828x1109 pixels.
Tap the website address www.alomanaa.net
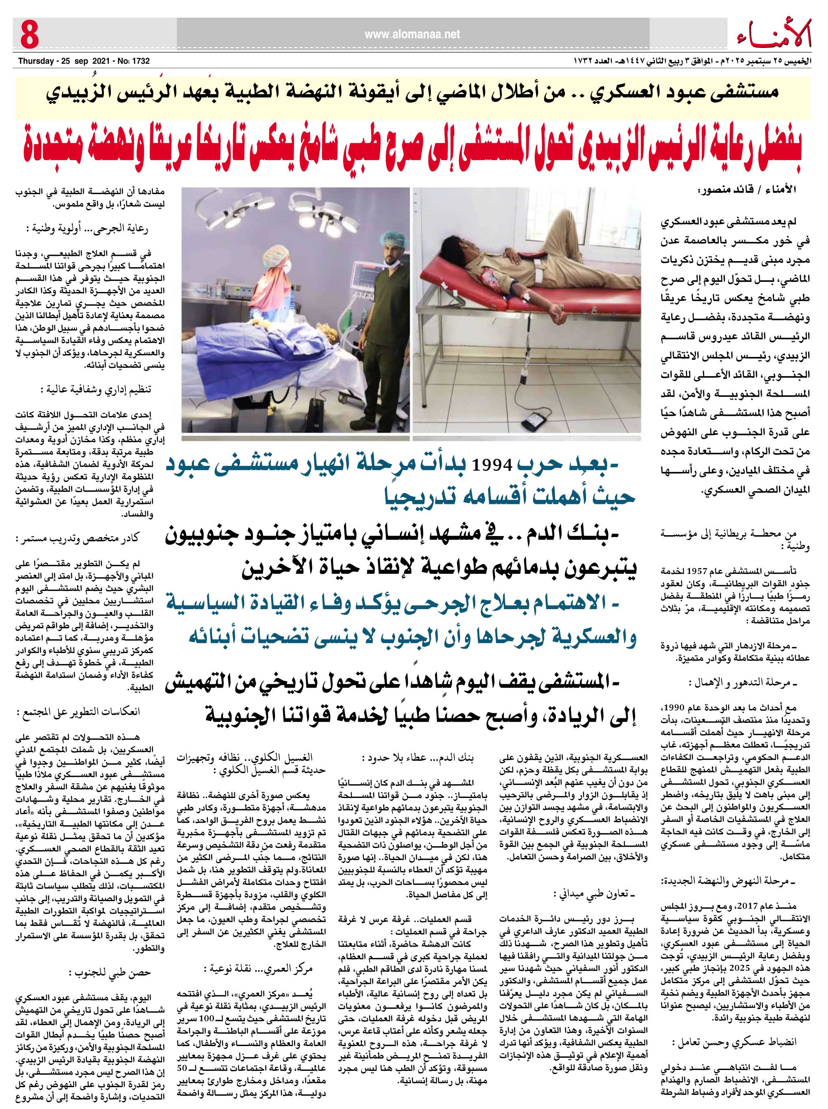click(412, 35)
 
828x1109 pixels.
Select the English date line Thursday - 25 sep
click(84, 61)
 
